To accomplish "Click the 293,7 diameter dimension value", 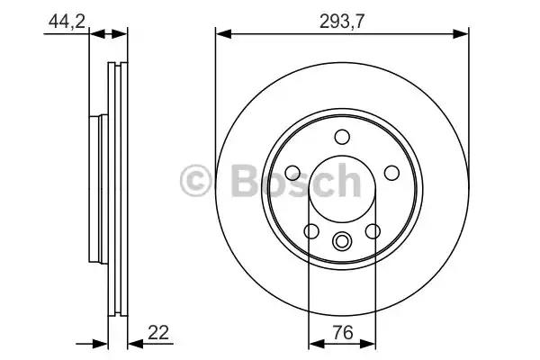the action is click(342, 22).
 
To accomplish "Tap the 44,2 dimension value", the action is click(67, 22).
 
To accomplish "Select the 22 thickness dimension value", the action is click(158, 333).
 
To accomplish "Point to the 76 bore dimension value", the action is click(343, 333).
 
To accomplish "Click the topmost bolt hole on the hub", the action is click(342, 137).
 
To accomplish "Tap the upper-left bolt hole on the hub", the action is click(292, 173).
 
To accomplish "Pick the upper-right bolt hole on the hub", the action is click(391, 173).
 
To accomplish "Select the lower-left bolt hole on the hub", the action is click(311, 231).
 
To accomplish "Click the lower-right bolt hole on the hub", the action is click(373, 231).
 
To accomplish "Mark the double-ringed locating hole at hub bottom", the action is click(342, 241).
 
